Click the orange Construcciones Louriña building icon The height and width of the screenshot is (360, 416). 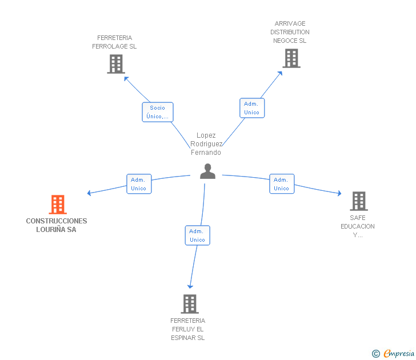point(58,205)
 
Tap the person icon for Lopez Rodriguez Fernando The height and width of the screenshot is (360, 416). point(207,171)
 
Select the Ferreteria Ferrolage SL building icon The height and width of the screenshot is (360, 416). point(115,64)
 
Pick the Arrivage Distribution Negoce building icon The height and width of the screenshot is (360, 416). point(291,58)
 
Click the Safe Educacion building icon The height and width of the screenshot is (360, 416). point(358,201)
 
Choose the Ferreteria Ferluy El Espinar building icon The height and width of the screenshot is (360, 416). point(189,304)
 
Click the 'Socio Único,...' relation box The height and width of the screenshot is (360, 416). point(157,112)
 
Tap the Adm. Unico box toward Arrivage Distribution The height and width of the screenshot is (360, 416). point(251,108)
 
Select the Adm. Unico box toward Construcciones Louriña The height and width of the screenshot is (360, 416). point(139,184)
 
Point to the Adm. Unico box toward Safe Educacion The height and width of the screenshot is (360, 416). point(281,184)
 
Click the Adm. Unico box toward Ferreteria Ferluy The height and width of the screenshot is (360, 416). point(197,235)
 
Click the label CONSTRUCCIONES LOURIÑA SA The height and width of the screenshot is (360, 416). point(57,225)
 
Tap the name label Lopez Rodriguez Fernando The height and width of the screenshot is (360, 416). point(206,144)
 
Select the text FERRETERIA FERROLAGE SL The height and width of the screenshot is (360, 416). point(114,42)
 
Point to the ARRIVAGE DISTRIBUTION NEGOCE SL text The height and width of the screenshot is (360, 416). point(290,32)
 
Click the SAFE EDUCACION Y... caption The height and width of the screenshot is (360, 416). point(358,226)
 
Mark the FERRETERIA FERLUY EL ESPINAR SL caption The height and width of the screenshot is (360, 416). point(187,329)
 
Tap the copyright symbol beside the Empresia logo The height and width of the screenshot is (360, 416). point(376,354)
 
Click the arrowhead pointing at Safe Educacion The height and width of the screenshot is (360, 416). point(339,194)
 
